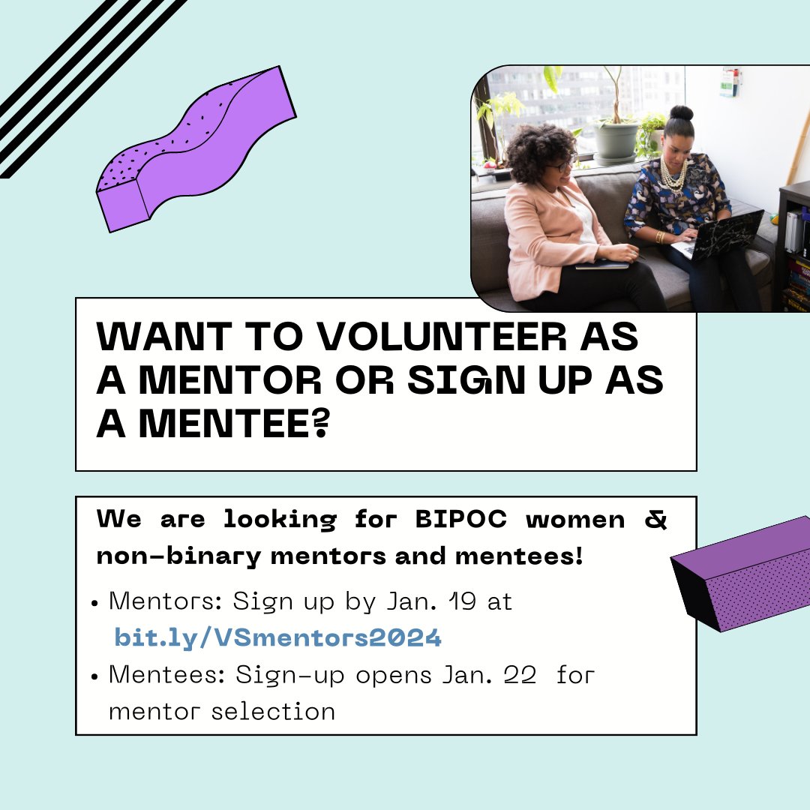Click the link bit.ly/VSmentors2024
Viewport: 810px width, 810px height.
(x=277, y=638)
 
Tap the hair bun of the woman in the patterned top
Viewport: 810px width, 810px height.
(x=681, y=114)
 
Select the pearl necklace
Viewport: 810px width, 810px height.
(x=672, y=176)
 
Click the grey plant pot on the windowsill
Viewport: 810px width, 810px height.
(x=615, y=141)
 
